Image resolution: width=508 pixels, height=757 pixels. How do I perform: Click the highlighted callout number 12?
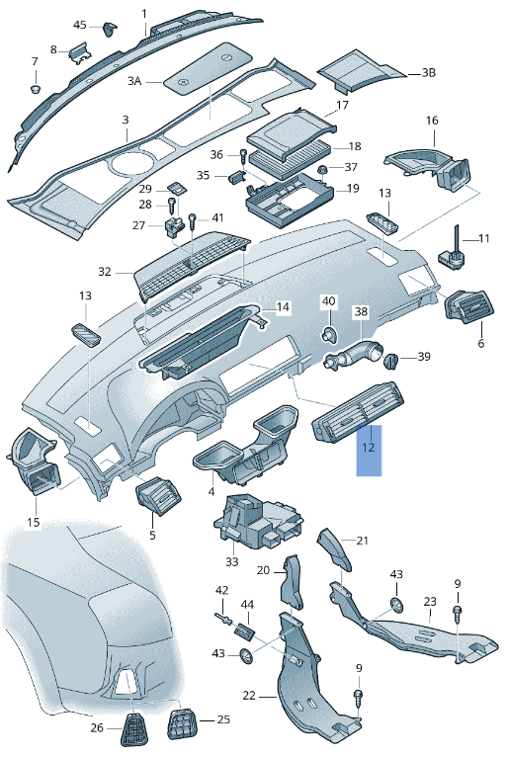(369, 447)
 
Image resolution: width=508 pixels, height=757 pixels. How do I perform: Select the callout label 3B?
(428, 73)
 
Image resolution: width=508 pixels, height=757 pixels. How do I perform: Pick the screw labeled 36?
(242, 155)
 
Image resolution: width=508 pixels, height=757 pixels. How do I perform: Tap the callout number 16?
(432, 121)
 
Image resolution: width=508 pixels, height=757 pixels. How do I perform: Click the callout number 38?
(361, 311)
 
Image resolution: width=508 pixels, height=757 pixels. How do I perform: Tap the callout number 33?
(231, 561)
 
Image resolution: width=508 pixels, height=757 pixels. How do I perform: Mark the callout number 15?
(33, 522)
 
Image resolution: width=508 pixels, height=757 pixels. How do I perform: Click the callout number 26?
(97, 728)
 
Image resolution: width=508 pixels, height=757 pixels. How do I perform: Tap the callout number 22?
(249, 696)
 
